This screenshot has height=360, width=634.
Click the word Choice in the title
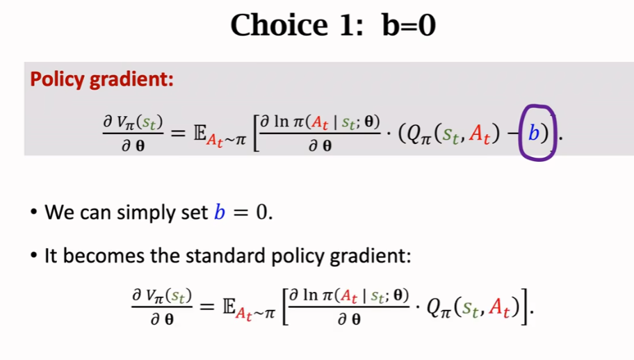[279, 25]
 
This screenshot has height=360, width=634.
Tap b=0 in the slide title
[408, 25]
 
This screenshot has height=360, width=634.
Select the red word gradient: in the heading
[131, 79]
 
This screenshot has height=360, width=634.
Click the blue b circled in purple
[534, 133]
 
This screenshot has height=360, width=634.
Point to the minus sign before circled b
[514, 133]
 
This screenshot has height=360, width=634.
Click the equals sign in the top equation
[178, 133]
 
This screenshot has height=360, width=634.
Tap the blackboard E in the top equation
[200, 133]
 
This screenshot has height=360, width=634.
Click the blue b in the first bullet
[220, 211]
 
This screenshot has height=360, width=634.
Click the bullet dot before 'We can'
[34, 212]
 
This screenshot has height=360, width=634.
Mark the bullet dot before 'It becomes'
[34, 255]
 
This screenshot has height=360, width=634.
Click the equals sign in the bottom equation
[207, 306]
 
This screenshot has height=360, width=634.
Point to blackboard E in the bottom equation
[229, 306]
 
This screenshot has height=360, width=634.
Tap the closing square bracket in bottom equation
[524, 306]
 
